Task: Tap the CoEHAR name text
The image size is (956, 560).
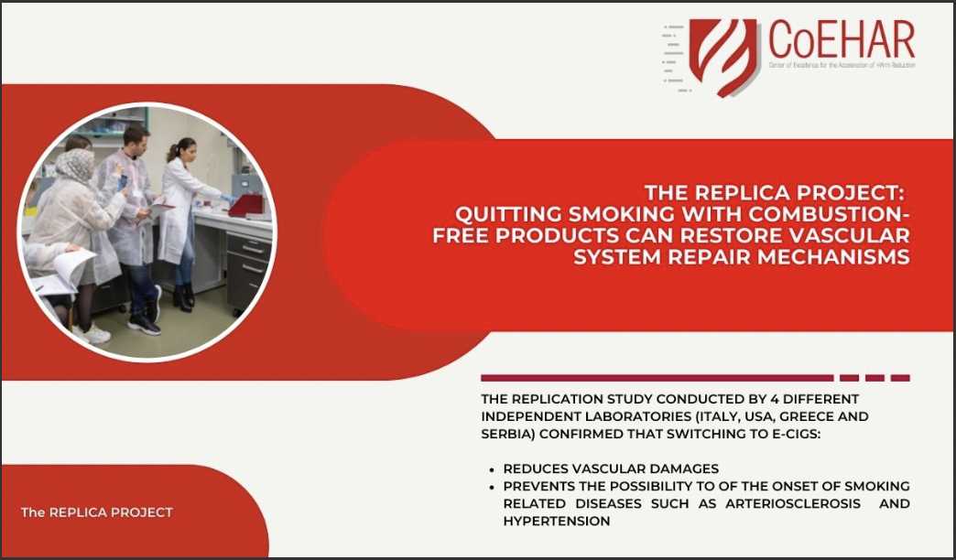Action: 842,39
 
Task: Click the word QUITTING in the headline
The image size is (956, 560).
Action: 508,214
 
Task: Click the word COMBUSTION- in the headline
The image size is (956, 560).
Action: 830,214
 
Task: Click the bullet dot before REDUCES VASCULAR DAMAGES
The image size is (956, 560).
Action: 492,469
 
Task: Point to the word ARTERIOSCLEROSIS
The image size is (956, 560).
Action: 793,504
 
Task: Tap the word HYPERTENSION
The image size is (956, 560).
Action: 557,522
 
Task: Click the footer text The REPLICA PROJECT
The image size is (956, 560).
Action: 97,512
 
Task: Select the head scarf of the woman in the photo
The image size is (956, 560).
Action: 74,166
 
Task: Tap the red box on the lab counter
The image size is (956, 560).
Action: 246,206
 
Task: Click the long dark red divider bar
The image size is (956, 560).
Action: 657,378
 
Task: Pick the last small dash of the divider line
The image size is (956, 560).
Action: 900,378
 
